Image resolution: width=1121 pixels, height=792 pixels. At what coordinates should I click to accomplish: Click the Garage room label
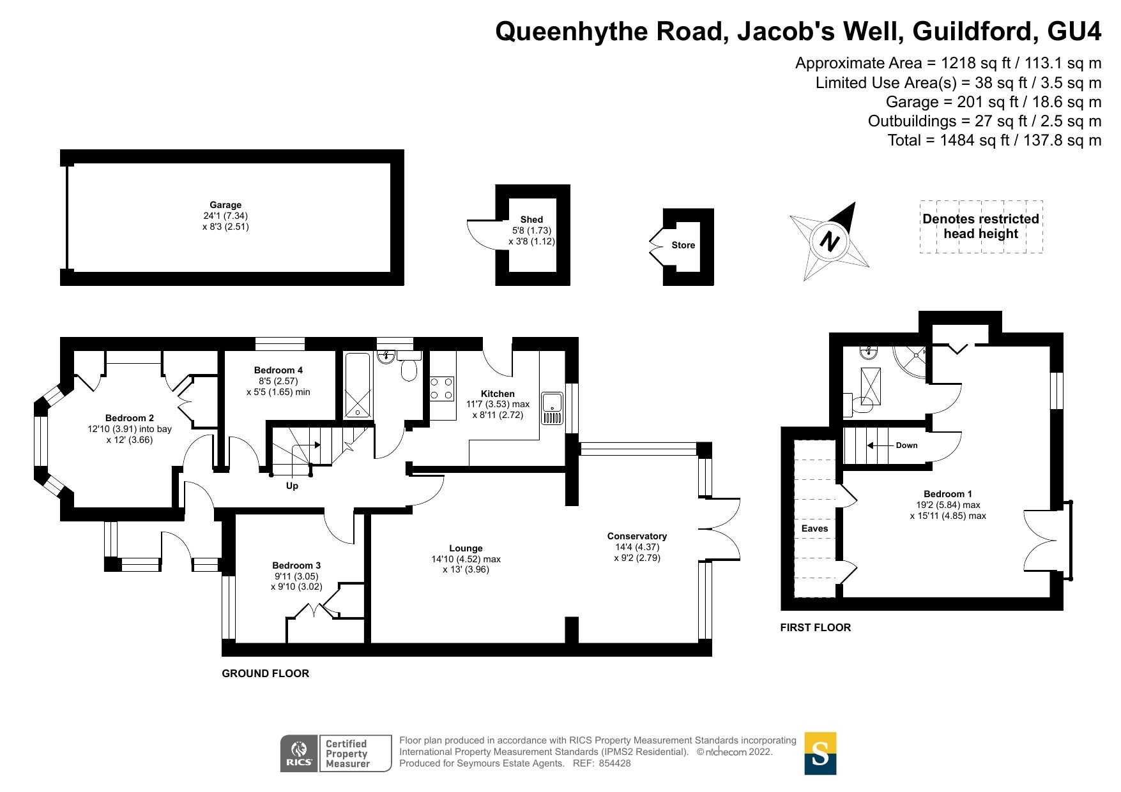point(225,205)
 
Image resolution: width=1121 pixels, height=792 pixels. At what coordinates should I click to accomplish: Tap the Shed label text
point(531,219)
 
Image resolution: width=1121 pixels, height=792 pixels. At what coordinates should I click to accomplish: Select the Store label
point(683,245)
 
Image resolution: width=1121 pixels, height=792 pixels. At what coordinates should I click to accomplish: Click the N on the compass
point(829,242)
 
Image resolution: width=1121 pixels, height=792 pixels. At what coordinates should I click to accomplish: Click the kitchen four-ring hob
point(442,389)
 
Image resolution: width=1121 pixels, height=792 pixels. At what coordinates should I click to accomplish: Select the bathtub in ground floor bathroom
point(357,385)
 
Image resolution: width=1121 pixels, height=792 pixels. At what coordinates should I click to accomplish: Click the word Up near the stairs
point(292,486)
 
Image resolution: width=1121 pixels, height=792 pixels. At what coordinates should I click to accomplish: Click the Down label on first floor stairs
point(906,445)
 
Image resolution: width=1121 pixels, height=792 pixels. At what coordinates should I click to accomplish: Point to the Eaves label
point(814,528)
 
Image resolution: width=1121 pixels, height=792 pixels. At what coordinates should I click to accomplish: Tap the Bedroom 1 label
point(948,494)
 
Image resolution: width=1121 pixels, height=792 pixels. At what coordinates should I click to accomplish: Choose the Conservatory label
point(637,536)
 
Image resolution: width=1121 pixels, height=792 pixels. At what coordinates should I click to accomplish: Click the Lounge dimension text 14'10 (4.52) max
point(466,559)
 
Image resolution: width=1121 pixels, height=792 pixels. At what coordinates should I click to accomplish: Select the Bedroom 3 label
point(296,565)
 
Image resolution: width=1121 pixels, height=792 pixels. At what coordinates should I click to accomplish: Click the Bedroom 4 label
point(278,370)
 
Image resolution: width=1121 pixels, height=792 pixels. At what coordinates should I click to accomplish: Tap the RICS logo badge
point(299,753)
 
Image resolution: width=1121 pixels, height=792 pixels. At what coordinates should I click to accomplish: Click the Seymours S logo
point(820,753)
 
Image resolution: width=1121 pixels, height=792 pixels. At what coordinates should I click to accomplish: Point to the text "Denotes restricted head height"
point(980,227)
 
